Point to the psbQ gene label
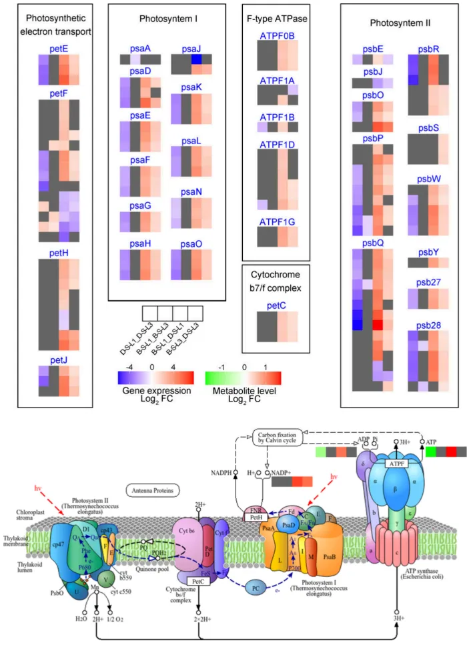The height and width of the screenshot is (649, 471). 373,243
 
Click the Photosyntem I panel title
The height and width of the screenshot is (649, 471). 168,20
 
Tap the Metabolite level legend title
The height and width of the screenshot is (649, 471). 244,390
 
